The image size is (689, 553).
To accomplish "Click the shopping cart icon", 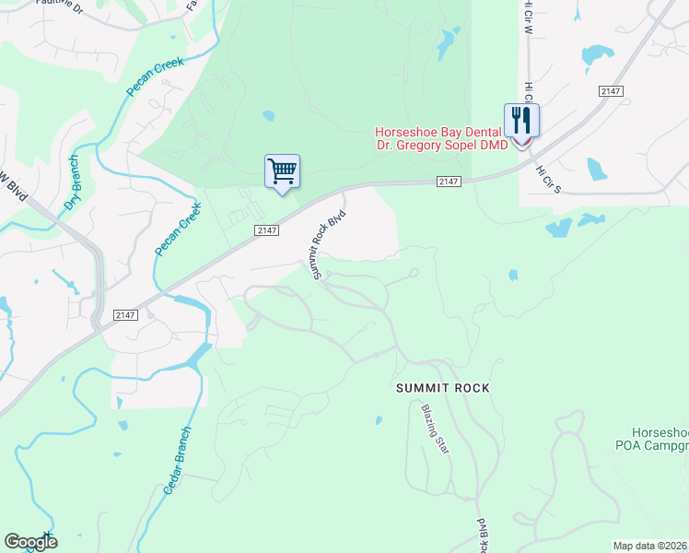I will coord(282,171).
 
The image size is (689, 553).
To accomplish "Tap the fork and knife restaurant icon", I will coord(520,120).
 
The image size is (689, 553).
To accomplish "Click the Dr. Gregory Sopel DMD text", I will coord(442,147).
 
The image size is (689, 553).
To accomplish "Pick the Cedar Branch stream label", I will coord(178,461).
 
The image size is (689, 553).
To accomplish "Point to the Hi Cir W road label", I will coord(529,18).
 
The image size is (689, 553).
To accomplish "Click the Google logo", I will coord(29,542).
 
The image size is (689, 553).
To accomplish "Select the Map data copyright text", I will coord(650,546).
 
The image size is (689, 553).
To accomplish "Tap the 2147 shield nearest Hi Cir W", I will coord(609,90).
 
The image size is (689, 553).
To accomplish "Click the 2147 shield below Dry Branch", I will coord(125,315).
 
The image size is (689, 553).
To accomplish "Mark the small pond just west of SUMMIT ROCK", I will coord(379,421).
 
